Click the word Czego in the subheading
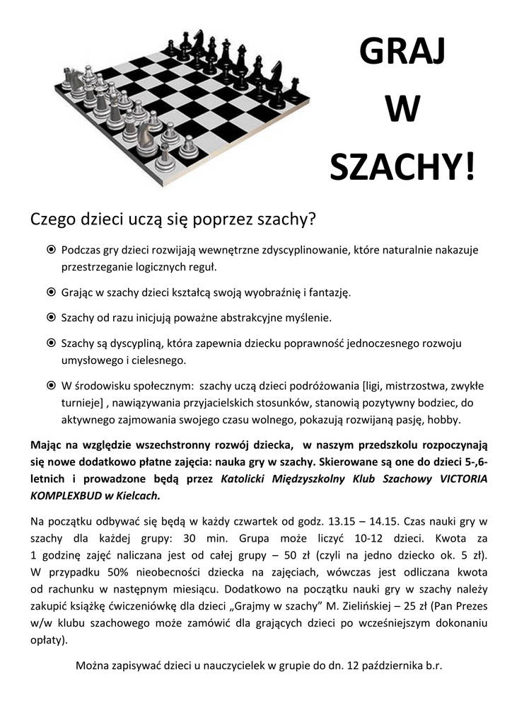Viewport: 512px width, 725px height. click(52, 220)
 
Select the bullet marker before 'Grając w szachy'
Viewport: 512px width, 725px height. click(51, 292)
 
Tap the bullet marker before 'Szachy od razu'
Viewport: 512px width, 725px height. click(51, 316)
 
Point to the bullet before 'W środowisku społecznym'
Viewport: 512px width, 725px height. click(51, 386)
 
